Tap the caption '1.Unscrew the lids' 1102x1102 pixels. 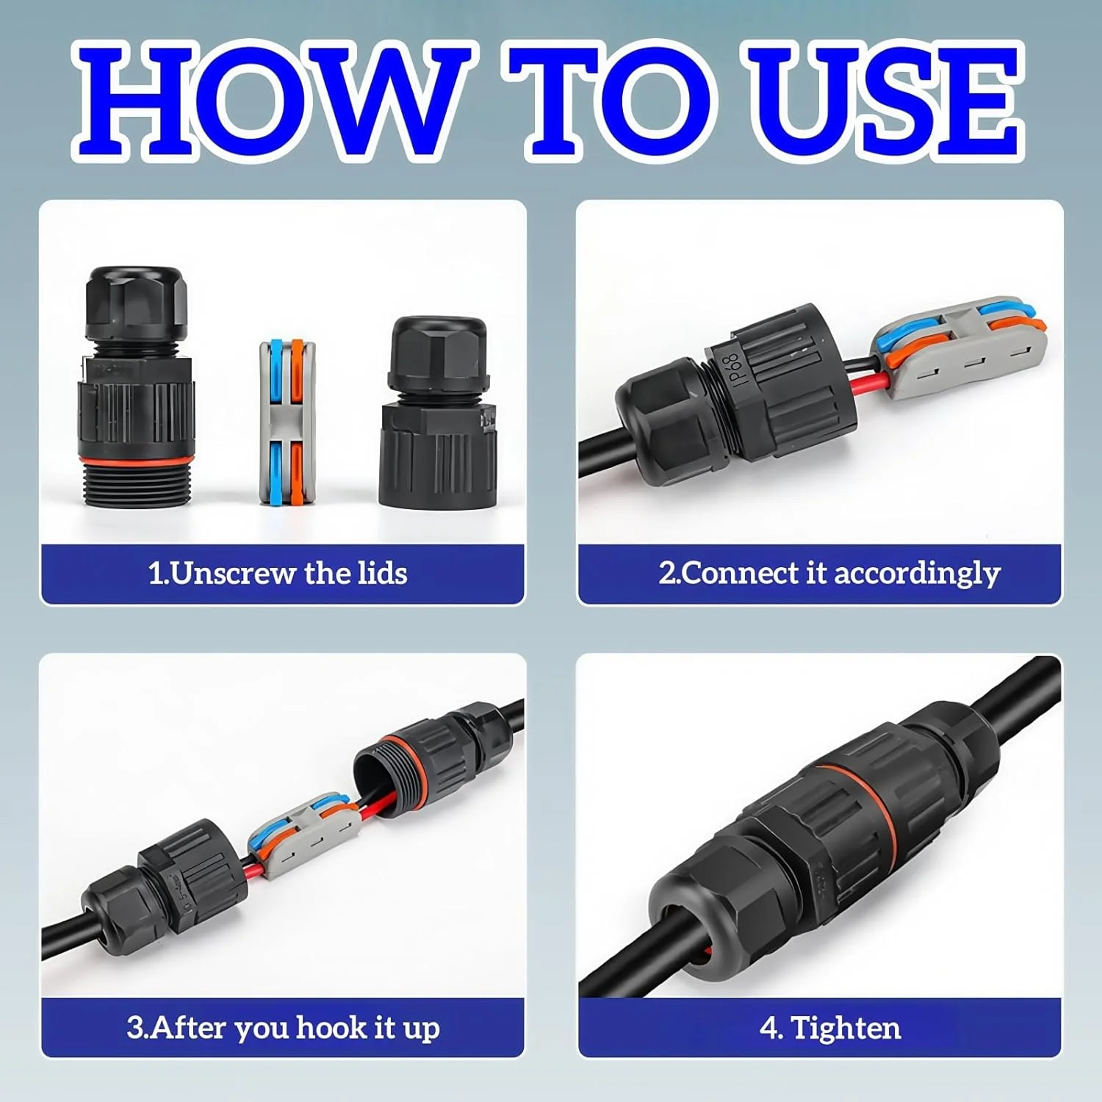(278, 574)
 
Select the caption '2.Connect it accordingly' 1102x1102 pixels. (829, 574)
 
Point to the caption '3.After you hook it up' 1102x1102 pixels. (283, 1027)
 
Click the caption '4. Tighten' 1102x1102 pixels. (830, 1028)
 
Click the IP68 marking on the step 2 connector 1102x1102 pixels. (735, 367)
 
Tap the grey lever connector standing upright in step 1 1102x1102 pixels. (282, 422)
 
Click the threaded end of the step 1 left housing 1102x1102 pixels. (137, 483)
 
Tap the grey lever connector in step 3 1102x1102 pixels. (305, 838)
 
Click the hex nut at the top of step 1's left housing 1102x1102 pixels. (136, 303)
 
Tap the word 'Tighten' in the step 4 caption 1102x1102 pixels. (846, 1028)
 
